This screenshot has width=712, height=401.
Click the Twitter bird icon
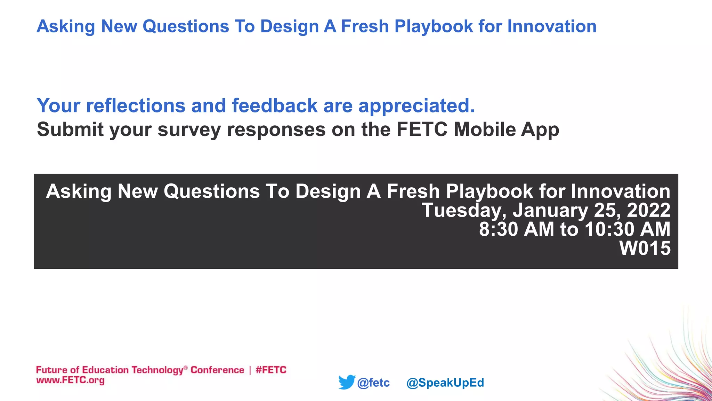click(x=347, y=382)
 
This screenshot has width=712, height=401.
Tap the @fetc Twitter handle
click(x=373, y=383)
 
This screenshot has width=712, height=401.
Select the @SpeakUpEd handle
click(x=445, y=383)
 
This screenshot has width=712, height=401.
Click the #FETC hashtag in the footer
click(x=271, y=370)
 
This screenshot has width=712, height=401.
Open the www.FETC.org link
click(x=70, y=380)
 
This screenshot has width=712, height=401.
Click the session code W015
click(x=645, y=248)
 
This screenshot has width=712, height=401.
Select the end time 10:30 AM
click(x=627, y=229)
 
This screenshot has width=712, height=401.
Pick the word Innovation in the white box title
click(x=621, y=191)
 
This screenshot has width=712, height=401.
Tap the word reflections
click(x=136, y=106)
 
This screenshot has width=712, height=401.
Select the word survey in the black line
click(x=189, y=130)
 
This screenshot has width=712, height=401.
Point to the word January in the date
click(x=550, y=210)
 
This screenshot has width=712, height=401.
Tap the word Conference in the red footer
click(x=217, y=370)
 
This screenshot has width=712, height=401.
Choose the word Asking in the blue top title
click(x=66, y=26)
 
